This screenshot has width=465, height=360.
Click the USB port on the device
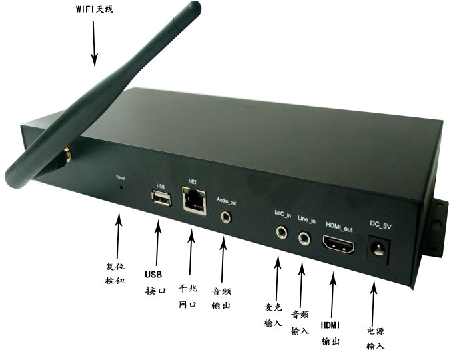tap(161, 198)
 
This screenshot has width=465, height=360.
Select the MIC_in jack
tap(283, 233)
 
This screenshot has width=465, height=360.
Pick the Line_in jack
tap(306, 236)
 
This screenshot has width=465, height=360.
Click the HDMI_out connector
tap(340, 247)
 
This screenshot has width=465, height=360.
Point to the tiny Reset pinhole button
tap(121, 187)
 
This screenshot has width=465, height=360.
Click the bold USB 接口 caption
tap(154, 282)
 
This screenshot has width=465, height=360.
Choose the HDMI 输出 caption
tap(331, 333)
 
